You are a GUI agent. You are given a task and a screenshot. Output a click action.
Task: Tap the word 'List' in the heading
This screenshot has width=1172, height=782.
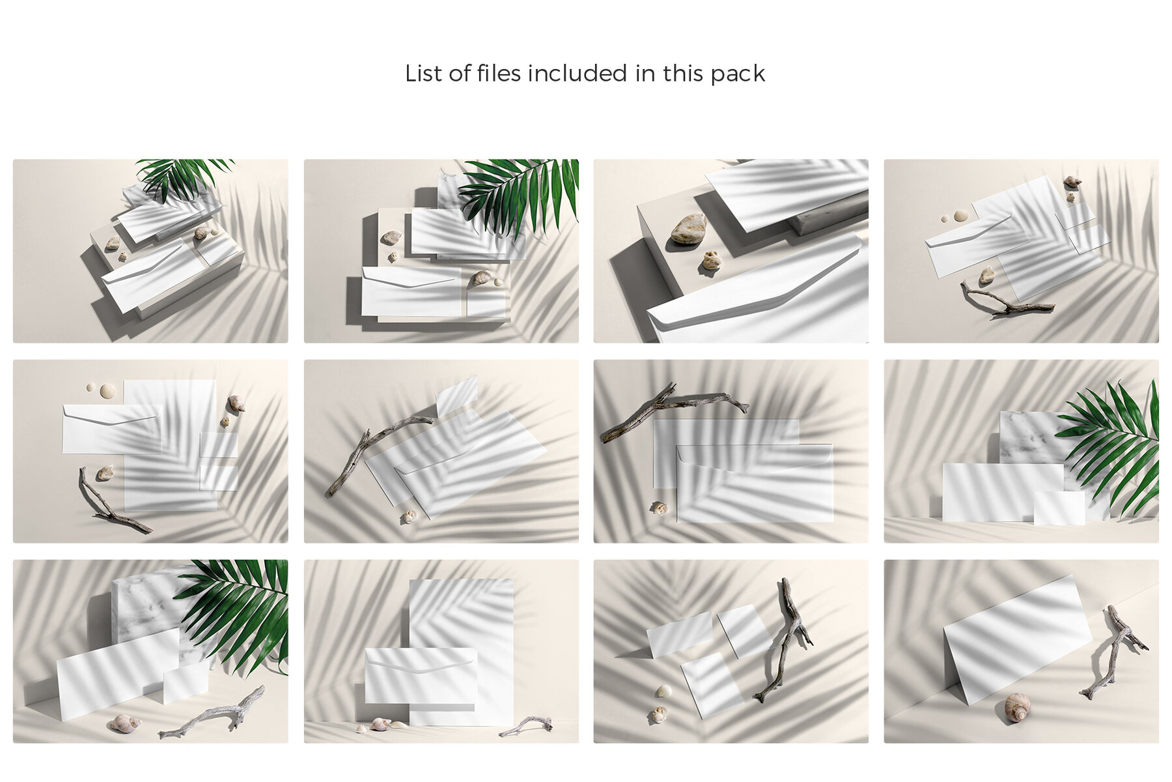click(423, 74)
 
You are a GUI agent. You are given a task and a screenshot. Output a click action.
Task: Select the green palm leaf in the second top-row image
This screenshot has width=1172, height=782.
click(521, 189)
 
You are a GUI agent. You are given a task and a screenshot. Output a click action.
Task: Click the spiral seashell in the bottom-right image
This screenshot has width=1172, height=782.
click(1016, 706)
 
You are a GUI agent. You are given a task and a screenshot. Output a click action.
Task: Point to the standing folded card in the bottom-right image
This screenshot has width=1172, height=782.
click(1016, 639)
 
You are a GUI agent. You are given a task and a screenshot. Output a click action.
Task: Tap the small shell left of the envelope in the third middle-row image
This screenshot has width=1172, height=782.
click(659, 507)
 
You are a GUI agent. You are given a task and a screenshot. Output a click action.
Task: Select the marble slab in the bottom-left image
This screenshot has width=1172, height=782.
click(146, 606)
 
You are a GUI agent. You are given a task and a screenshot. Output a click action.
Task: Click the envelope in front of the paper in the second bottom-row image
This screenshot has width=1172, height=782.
click(420, 674)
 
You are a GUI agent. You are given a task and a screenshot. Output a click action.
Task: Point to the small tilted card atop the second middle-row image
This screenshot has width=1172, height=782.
click(457, 395)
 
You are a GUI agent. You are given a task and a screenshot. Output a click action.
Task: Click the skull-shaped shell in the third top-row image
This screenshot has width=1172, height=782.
click(710, 261)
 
